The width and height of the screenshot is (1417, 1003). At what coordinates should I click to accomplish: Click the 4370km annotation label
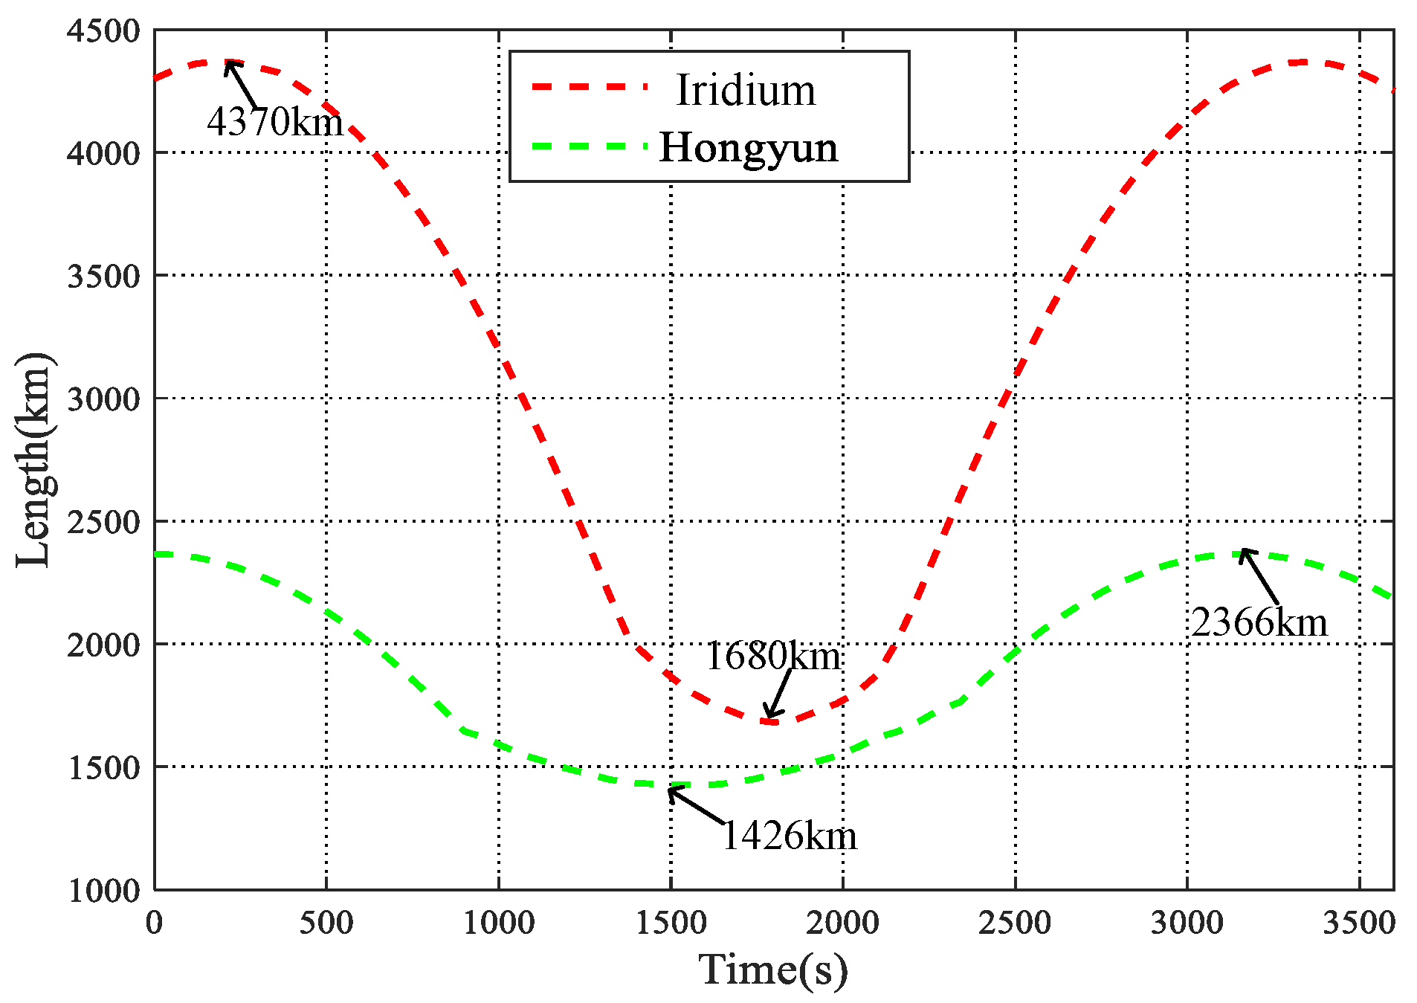coord(275,121)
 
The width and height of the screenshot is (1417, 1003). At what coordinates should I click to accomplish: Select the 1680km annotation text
coord(772,656)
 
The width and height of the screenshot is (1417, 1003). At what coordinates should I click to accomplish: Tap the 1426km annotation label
coord(789,836)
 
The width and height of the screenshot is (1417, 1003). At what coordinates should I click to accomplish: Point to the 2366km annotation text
coord(1259,622)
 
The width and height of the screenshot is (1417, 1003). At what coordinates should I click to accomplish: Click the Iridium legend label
coord(746,91)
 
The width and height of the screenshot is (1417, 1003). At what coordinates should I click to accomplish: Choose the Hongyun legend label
coord(749,147)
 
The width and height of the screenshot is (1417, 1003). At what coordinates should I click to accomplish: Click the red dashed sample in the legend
coord(590,87)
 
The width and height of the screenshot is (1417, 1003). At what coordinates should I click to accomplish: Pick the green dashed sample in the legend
coord(590,146)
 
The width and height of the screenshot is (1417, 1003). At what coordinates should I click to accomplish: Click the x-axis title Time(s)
coord(773,970)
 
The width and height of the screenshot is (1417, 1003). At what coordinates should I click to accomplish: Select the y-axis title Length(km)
coord(33,460)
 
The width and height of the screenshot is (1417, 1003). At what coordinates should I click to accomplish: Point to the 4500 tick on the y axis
coord(103,31)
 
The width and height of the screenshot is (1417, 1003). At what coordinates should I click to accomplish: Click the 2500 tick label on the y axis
coord(103,522)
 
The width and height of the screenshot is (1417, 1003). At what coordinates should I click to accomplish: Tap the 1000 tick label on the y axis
coord(103,890)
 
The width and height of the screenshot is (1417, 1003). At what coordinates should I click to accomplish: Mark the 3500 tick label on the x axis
coord(1359,923)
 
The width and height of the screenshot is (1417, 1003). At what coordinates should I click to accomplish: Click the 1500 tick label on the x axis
coord(671,923)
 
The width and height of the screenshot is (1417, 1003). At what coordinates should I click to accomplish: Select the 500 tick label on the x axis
coord(326,923)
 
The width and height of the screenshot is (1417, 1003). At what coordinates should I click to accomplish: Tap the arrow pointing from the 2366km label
coord(1259,576)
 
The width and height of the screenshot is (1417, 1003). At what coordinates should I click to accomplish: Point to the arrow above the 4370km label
coord(242,86)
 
